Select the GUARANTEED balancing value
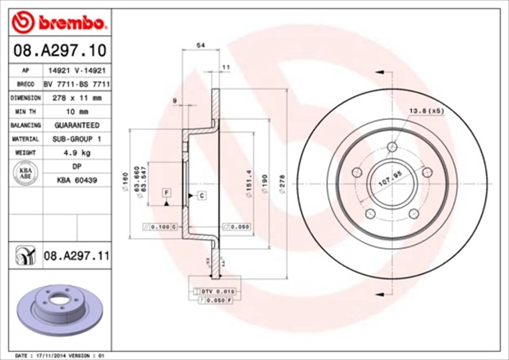pos(76,126)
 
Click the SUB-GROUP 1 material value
pos(76,139)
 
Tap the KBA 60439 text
pos(76,181)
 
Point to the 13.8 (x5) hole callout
pos(426,111)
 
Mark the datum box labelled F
pos(166,193)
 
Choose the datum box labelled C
pos(201,195)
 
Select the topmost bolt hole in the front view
pos(392,147)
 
